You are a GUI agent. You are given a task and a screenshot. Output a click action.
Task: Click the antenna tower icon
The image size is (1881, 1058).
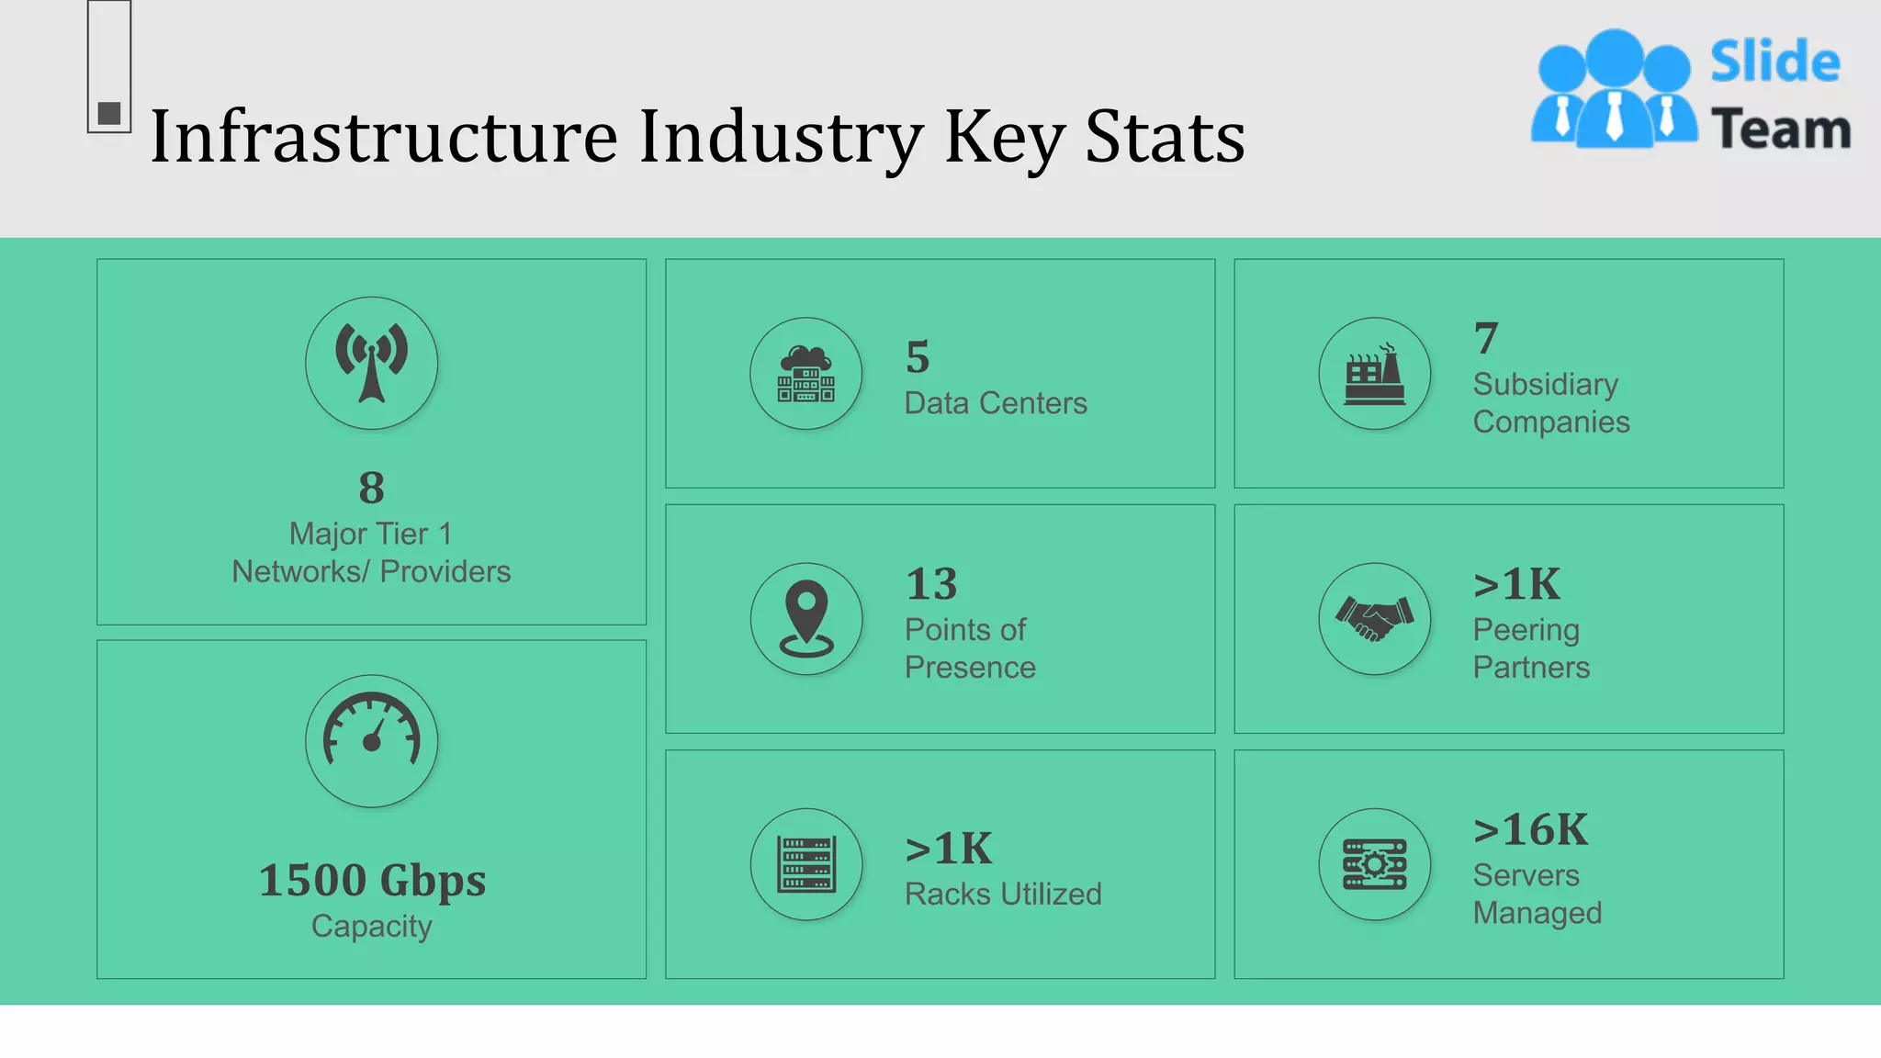coord(371,363)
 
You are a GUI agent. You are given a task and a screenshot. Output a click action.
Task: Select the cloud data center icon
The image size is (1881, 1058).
coord(805,374)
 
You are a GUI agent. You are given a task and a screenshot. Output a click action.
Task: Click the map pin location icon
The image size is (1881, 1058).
coord(805,618)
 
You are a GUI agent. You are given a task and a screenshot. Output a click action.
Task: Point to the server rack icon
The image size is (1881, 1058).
coord(805,864)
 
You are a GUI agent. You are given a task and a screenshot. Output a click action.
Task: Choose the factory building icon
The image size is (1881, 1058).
coord(1374,374)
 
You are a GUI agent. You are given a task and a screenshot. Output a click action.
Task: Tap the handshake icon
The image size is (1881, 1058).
coord(1374,618)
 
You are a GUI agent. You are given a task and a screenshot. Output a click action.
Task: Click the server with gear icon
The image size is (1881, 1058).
coord(1374,864)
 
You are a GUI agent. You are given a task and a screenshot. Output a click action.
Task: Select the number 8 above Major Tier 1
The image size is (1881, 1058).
coord(371,488)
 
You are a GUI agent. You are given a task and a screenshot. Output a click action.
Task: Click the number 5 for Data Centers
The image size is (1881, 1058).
coord(918,357)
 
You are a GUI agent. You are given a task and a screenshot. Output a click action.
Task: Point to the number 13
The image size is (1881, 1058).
coord(931,584)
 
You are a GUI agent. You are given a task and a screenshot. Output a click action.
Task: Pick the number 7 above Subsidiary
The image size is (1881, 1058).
coord(1486,338)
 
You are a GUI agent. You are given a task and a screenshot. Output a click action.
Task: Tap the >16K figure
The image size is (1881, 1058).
coord(1530,830)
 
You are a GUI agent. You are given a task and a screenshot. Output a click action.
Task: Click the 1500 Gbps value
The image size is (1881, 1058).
coord(372,881)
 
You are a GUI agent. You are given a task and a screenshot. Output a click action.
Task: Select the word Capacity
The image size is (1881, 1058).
coord(371,927)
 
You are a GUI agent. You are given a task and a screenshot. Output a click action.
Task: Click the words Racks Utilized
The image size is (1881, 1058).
coord(1003,894)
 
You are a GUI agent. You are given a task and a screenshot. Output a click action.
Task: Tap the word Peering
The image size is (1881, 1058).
coord(1526,630)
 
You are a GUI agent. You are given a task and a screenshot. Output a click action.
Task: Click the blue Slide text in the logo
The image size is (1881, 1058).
coord(1774,62)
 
